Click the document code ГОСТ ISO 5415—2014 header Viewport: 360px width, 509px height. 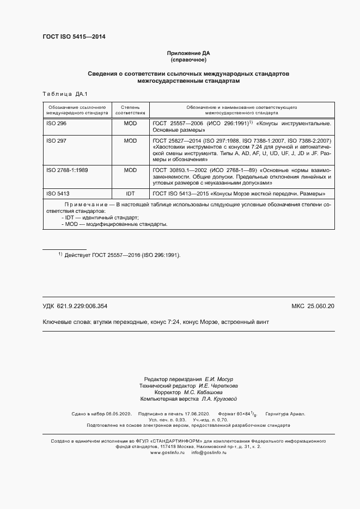tap(74, 36)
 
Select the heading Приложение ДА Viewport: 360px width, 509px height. tap(188, 53)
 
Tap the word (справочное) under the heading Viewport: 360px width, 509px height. tap(188, 59)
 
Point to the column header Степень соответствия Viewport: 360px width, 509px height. tap(130, 111)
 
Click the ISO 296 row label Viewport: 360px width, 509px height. tap(56, 124)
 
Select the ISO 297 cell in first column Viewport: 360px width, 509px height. tap(56, 140)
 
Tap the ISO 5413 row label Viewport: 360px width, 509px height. tap(58, 193)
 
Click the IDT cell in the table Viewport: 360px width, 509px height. tap(130, 193)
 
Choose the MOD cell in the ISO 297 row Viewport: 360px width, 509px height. tap(130, 140)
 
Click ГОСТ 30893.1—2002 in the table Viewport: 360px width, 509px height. tap(181, 170)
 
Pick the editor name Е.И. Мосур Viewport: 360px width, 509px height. tap(218, 378)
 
